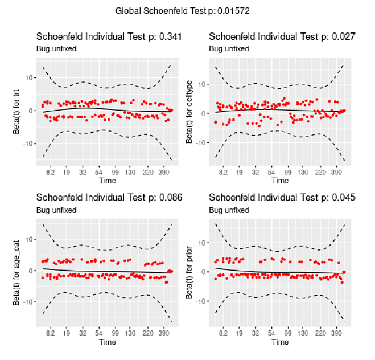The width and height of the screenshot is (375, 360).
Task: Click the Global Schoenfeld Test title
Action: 182,11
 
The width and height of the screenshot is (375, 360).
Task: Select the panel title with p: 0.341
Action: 109,36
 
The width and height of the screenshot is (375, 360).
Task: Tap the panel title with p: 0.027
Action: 282,36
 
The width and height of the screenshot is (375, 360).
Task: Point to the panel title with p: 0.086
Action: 109,198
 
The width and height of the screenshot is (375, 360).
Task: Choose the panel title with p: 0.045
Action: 282,198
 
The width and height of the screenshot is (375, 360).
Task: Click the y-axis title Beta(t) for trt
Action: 17,113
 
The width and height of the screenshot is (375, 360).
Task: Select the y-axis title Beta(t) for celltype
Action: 189,113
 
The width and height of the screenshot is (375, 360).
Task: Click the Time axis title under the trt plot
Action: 108,181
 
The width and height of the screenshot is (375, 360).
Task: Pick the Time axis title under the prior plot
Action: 280,342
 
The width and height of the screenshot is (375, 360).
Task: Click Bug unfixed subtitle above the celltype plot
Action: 229,49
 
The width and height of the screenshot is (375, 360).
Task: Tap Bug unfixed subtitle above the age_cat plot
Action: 56,210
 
